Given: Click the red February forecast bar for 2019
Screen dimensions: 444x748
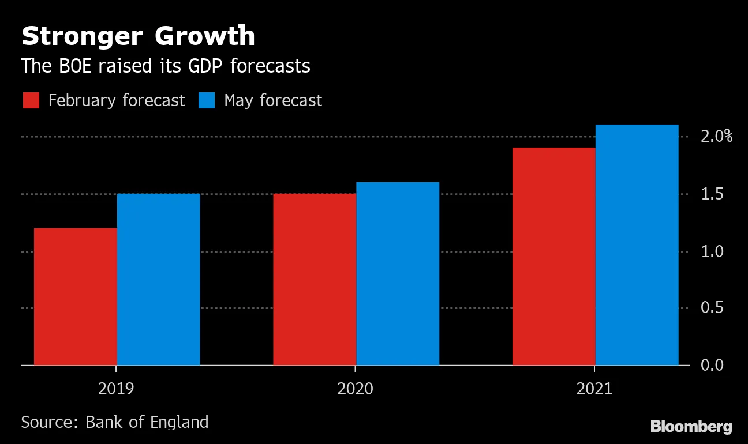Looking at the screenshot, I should click(x=76, y=296).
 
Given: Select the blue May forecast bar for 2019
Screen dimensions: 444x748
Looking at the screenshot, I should click(x=159, y=279).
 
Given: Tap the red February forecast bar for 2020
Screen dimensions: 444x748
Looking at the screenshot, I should click(x=315, y=279).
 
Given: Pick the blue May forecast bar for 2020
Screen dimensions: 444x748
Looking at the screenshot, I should click(x=398, y=273).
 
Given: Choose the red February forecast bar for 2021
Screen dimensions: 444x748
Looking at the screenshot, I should click(x=553, y=256).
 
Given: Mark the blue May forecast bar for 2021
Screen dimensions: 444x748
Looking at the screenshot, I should click(x=637, y=244).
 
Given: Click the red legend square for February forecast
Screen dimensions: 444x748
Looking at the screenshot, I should click(x=31, y=100).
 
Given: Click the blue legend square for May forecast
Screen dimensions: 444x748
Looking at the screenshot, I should click(x=207, y=100).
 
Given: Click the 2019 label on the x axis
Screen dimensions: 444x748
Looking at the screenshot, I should click(x=116, y=389).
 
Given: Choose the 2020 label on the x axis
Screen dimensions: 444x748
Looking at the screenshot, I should click(x=355, y=389).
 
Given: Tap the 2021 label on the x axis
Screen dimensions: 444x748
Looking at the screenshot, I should click(x=594, y=389).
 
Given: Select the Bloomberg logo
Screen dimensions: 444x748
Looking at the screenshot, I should click(x=691, y=427).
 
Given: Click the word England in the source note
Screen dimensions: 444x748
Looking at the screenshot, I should click(x=179, y=422).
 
